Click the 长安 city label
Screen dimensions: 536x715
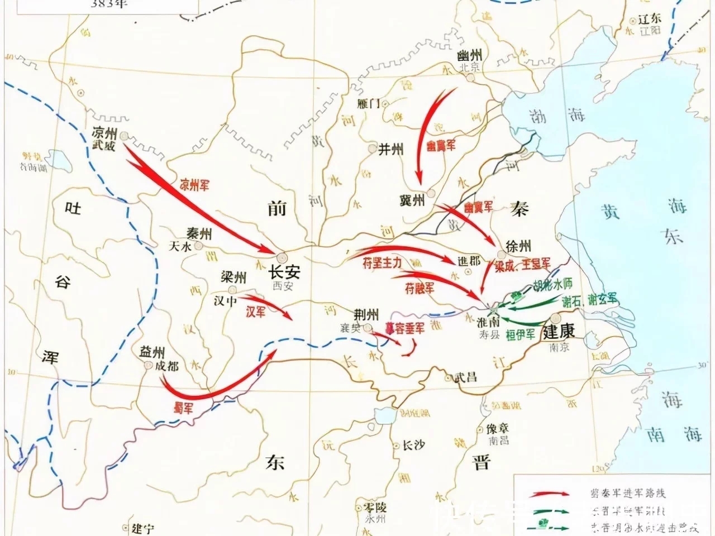click(285, 272)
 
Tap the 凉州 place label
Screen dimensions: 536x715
click(104, 133)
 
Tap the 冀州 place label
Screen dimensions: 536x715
click(413, 200)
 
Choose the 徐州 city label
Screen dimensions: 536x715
click(518, 245)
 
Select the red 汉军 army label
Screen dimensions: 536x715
click(256, 313)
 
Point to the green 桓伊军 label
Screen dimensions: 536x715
click(521, 334)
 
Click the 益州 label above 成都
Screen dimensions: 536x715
click(152, 352)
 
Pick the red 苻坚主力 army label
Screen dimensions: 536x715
click(382, 265)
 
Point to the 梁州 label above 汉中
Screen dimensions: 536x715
click(233, 277)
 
